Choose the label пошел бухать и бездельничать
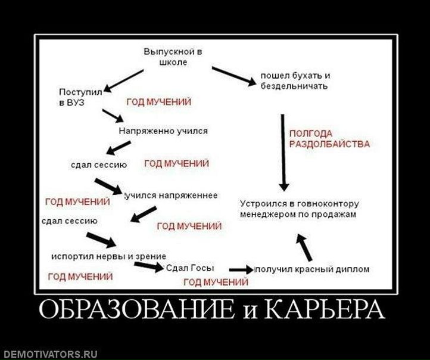point(294,82)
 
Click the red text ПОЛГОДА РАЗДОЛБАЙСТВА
point(329,138)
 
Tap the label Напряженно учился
point(163,130)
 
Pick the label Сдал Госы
point(190,268)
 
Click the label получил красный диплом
point(312,269)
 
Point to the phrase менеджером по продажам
point(298,213)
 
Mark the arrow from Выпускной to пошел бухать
point(233,75)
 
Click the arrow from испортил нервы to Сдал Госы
point(149,265)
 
